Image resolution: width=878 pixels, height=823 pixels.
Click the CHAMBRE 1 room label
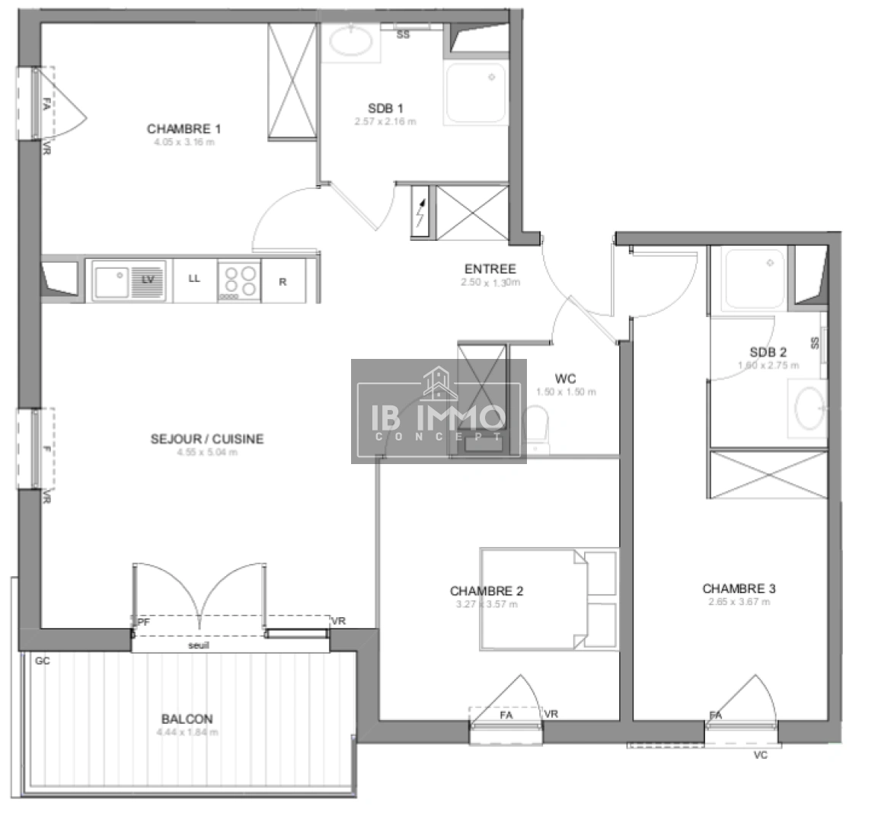tap(184, 129)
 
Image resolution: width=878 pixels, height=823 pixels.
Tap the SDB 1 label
tap(385, 108)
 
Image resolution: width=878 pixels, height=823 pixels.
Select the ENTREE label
tap(490, 269)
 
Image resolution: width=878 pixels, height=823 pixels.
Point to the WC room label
tap(565, 379)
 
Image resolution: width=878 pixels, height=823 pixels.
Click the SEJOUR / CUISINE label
tap(196, 439)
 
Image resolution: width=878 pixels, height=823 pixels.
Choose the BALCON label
tap(187, 719)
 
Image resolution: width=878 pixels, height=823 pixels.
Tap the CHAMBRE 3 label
tap(739, 588)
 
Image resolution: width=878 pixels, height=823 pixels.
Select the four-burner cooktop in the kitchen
tap(239, 280)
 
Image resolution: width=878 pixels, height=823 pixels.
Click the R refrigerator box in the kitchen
tap(283, 281)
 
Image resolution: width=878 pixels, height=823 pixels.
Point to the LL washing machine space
tap(194, 279)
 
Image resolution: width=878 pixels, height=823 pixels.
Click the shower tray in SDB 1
tap(475, 93)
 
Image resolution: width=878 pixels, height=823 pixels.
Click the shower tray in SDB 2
tap(752, 280)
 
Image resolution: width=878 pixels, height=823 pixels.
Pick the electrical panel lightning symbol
tap(420, 210)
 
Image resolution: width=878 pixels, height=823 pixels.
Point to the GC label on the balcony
tap(42, 661)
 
